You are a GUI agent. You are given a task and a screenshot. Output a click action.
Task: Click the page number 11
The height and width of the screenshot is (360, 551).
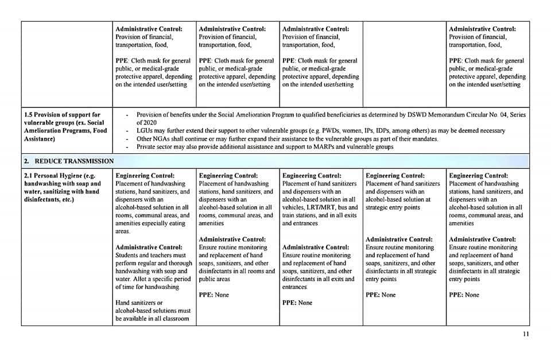coord(526,335)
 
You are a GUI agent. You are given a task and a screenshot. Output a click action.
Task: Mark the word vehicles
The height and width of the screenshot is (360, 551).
coord(294,207)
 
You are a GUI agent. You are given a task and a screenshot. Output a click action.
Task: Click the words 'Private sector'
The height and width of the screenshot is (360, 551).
coord(156,147)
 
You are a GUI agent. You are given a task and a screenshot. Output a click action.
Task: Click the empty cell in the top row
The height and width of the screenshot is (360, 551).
coord(404,57)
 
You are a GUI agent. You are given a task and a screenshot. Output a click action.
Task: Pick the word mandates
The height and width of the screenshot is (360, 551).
coord(423,139)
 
